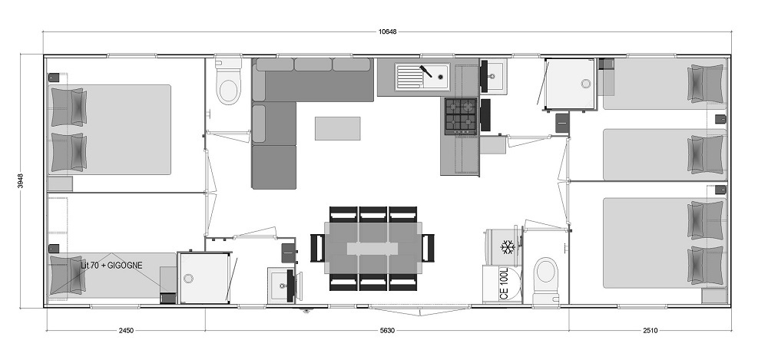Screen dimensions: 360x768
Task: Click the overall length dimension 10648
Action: [x=387, y=31]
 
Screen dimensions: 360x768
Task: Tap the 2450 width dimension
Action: [x=125, y=331]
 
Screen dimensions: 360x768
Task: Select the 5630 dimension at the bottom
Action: [x=386, y=331]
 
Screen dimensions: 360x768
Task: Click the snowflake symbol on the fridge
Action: [x=506, y=246]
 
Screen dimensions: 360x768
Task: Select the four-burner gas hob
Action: [x=461, y=116]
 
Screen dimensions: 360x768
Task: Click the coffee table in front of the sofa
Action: [x=337, y=128]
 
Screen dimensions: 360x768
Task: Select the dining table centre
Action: [x=372, y=248]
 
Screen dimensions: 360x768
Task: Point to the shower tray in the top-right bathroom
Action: [x=571, y=84]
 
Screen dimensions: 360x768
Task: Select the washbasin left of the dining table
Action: [x=280, y=286]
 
